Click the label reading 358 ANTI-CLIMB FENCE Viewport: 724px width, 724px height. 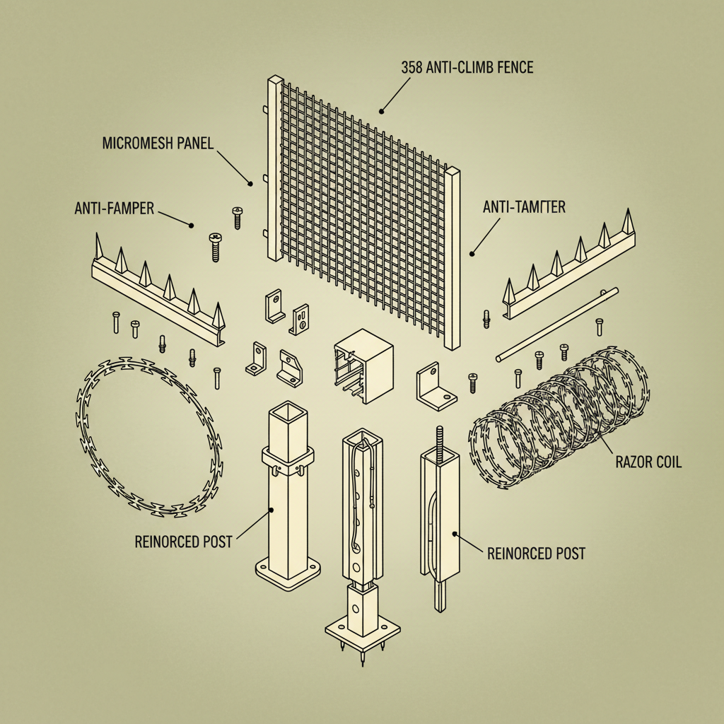coord(467,69)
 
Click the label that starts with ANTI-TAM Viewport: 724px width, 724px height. coord(523,207)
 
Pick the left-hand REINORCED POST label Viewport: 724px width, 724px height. coord(183,542)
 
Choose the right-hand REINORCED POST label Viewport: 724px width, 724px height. coord(537,553)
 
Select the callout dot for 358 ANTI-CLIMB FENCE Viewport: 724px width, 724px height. coord(381,110)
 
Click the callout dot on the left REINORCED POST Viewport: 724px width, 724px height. coord(271,509)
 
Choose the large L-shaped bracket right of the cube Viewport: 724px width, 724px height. coord(436,387)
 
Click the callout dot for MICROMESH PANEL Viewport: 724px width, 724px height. coord(250,183)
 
